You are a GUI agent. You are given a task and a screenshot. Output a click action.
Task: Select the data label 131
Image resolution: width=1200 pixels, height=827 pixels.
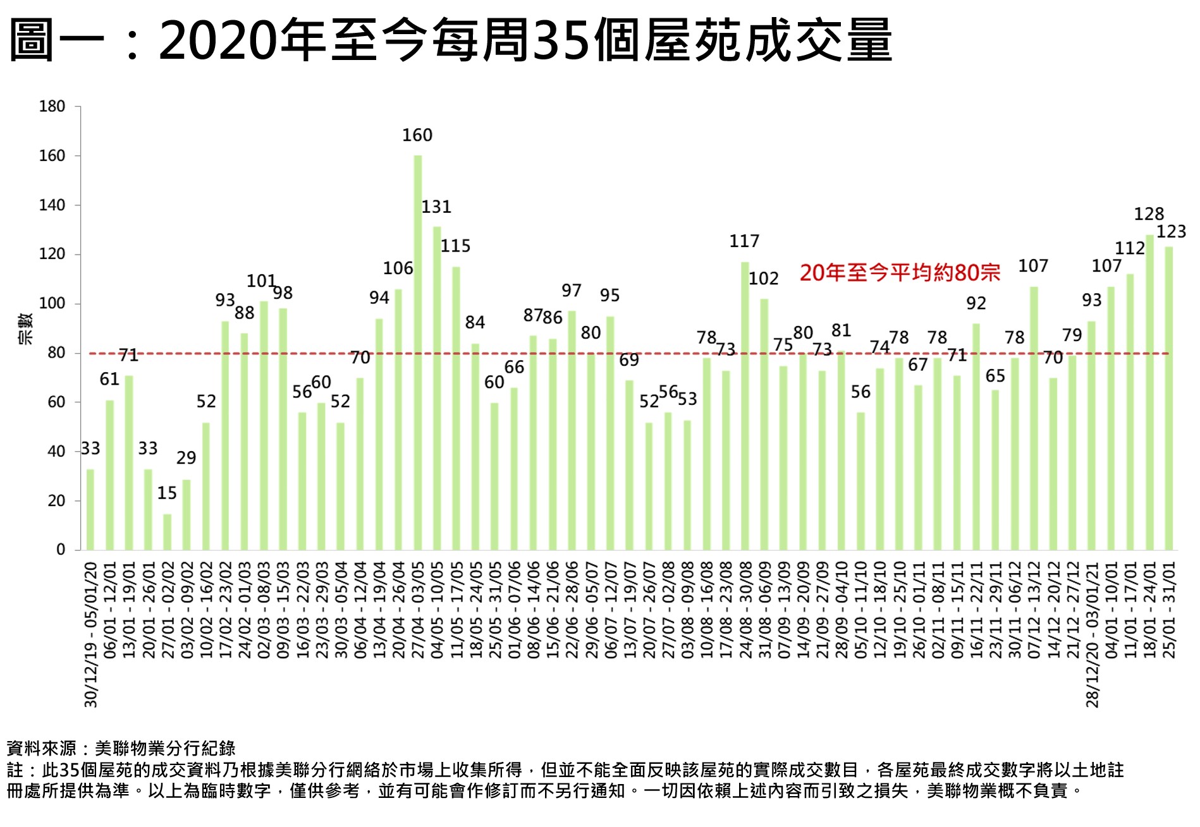pos(436,207)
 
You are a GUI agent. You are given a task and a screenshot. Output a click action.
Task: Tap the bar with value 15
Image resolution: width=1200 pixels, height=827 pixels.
pos(167,532)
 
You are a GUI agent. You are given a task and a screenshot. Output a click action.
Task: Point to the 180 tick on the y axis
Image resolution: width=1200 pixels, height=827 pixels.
pos(52,106)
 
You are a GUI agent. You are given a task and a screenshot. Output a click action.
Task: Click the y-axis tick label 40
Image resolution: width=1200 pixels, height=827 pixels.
pos(56,452)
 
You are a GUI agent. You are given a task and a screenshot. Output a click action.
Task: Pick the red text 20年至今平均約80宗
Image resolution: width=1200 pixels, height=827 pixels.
pos(900,273)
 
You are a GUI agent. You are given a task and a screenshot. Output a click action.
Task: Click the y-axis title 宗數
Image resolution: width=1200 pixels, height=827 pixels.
pos(25,329)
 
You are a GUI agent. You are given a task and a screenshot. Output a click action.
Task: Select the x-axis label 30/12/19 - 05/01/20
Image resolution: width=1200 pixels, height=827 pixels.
pos(91,634)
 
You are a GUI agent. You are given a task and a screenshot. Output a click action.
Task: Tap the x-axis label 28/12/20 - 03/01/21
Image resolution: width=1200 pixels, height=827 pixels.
pos(1093,634)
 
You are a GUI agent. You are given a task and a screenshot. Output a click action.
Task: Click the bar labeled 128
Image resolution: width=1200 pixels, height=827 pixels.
pos(1149,392)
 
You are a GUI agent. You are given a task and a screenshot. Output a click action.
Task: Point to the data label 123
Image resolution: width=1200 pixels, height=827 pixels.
pos(1171,232)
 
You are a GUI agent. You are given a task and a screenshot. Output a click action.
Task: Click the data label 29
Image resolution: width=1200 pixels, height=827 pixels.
pos(186,457)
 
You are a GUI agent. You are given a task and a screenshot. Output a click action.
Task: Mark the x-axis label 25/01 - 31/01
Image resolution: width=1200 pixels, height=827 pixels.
pos(1169,610)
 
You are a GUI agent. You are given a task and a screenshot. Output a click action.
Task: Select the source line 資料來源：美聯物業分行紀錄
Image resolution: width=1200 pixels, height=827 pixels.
pos(121,749)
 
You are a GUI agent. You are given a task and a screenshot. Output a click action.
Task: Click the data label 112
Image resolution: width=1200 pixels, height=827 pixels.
pos(1130,248)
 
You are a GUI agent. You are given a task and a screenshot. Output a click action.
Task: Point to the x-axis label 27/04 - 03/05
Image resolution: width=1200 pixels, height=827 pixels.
pos(418,610)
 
